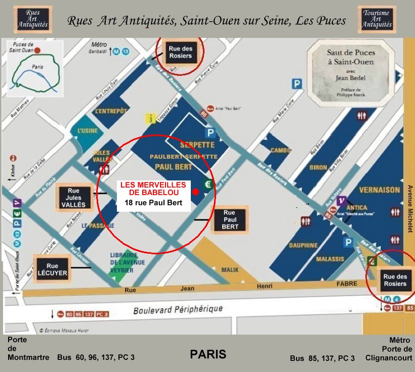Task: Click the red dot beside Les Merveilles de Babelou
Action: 195,192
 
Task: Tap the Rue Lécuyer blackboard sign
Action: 52,269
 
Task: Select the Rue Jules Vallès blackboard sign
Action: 74,197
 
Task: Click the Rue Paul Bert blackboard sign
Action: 230,220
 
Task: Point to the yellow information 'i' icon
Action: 150,119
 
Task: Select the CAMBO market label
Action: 281,150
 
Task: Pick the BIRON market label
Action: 318,167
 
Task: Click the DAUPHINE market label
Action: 303,245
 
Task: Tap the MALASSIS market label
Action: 330,259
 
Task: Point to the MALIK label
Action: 230,270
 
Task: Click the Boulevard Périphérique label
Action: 178,310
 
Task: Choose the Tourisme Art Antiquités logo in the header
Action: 377,19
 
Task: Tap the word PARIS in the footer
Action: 208,354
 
